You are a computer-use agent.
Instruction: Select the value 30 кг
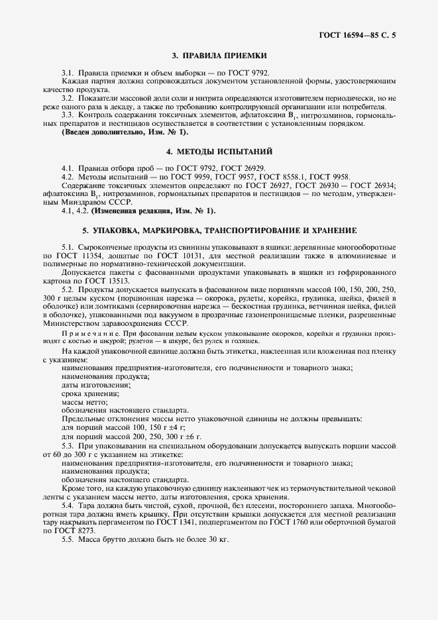pyautogui.click(x=217, y=540)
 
